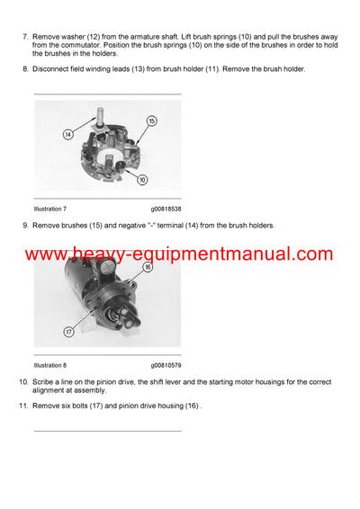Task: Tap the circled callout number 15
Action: [x=150, y=121]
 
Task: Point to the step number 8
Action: [x=25, y=69]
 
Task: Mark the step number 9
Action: [x=25, y=225]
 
